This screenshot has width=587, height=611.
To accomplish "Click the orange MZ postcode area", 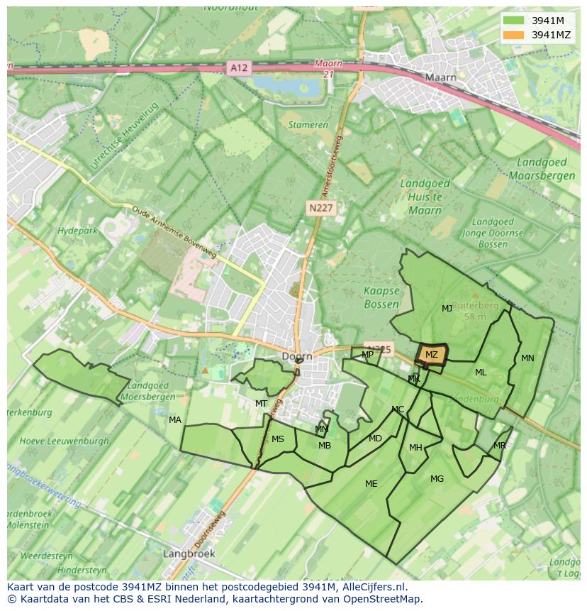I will click(x=431, y=355).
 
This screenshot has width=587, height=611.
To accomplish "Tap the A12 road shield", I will click(x=239, y=68).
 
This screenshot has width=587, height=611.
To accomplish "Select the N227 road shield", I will click(x=321, y=208).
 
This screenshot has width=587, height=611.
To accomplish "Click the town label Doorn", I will click(x=297, y=356).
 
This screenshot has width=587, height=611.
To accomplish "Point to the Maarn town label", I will click(x=440, y=77).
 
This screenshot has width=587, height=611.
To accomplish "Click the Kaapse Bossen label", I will click(x=381, y=297).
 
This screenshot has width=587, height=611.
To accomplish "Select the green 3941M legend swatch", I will click(x=513, y=21).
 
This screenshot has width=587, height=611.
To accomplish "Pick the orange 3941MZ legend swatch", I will click(x=513, y=35).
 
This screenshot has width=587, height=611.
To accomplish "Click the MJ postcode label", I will click(x=447, y=309).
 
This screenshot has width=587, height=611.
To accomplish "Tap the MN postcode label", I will click(x=527, y=358).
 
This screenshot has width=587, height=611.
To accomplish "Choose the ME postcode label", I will click(x=371, y=484).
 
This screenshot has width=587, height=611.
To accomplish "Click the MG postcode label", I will click(x=437, y=479).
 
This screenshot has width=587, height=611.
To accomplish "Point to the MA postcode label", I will click(x=175, y=420).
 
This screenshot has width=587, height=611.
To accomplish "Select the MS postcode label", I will click(x=278, y=439).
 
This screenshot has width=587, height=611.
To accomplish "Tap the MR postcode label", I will click(x=500, y=446).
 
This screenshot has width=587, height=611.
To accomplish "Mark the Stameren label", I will click(x=308, y=125).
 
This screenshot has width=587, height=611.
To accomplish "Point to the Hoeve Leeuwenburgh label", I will click(x=65, y=441).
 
